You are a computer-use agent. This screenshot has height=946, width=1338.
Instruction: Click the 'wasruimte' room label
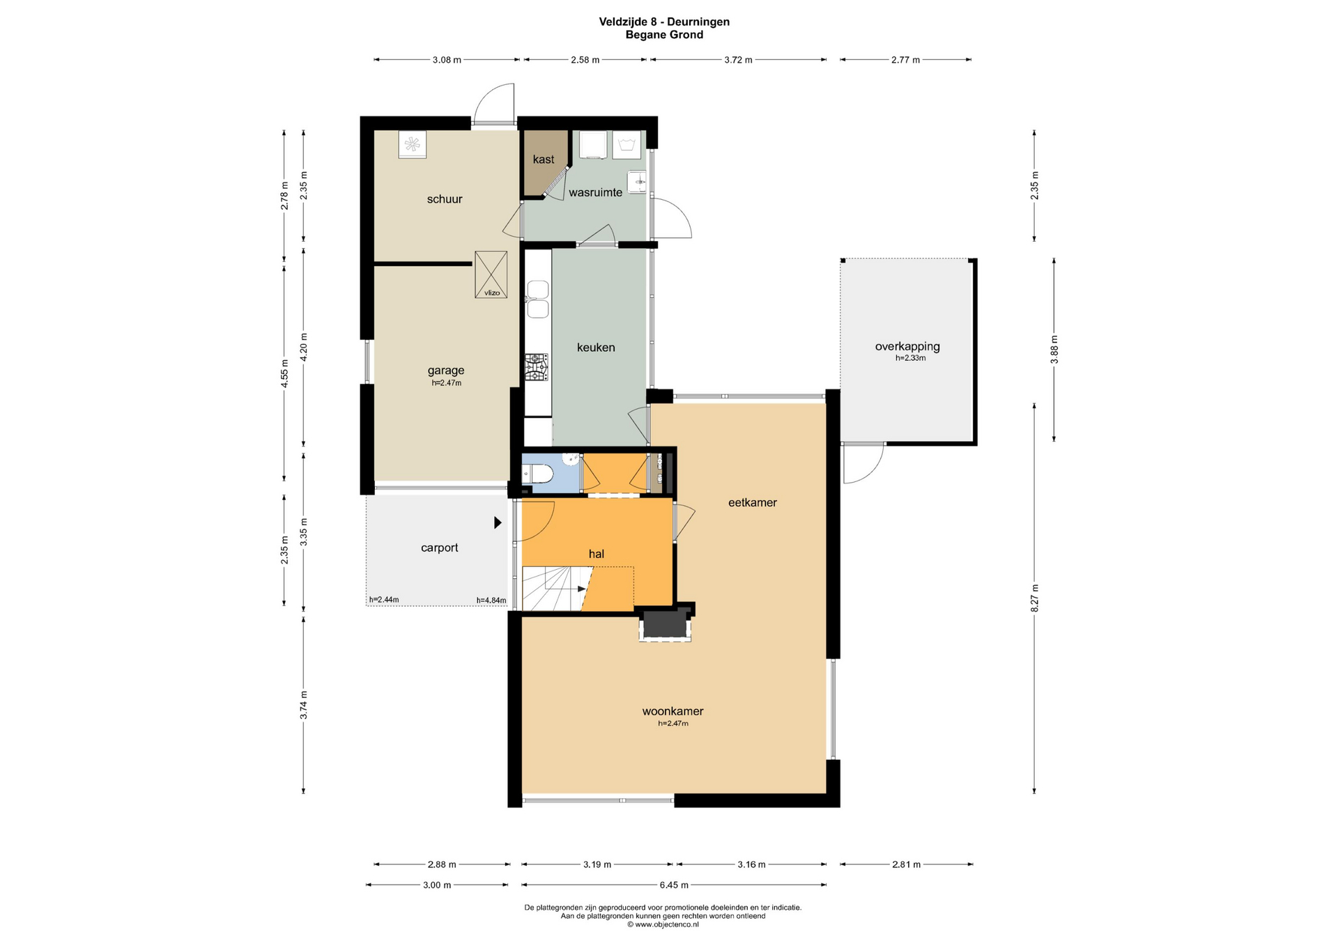click(x=595, y=193)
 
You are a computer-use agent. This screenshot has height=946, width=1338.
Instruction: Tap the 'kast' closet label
click(x=544, y=160)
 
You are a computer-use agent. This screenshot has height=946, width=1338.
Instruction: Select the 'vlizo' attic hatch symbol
click(x=491, y=274)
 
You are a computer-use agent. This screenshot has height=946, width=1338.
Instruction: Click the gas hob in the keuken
click(x=536, y=367)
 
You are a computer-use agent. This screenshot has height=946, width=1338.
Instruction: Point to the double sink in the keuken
click(x=537, y=300)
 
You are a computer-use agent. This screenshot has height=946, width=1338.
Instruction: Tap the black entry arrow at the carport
click(x=498, y=522)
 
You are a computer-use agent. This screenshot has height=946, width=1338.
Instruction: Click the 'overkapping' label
click(x=907, y=346)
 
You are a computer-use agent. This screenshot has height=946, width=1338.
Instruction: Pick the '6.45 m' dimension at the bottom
click(x=674, y=885)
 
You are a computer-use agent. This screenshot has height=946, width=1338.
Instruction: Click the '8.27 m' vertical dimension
click(x=1035, y=598)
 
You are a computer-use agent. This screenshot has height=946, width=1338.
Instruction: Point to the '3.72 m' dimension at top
click(x=738, y=60)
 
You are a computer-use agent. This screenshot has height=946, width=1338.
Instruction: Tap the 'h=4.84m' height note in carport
click(x=491, y=600)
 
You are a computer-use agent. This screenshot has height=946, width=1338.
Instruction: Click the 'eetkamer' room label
click(x=753, y=502)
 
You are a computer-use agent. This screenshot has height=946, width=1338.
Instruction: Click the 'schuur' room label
click(x=445, y=199)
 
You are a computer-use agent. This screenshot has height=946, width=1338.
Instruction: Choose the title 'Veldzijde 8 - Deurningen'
click(x=664, y=22)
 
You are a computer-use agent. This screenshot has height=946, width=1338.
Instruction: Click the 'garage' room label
click(x=446, y=371)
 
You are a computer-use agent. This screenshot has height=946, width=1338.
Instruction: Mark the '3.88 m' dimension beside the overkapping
click(x=1054, y=350)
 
